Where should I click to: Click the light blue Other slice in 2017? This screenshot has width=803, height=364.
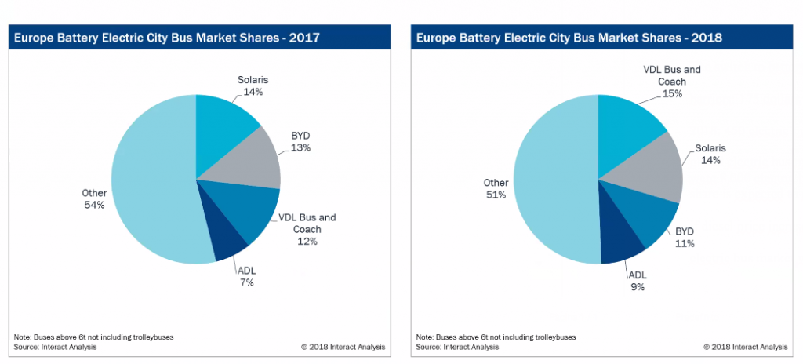149,188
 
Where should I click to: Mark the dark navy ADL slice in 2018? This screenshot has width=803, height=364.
620,243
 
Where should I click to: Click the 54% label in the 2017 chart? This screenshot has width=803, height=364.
95,205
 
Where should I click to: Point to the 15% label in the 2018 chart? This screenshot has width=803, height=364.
672,93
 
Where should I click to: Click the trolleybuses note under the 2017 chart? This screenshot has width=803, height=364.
94,336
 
